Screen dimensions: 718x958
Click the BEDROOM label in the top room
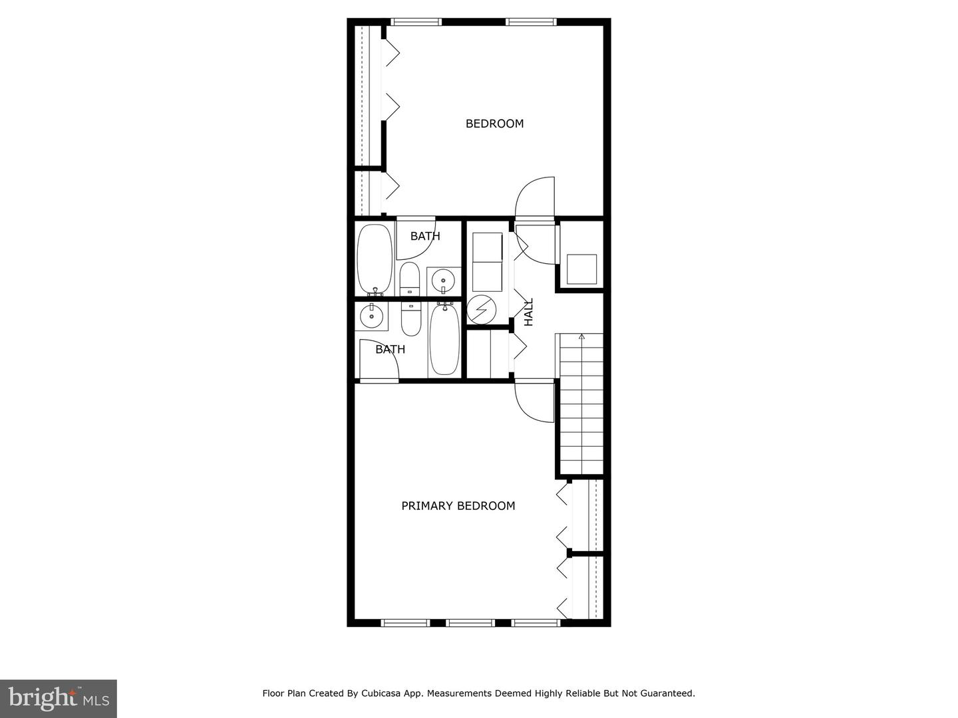pyautogui.click(x=494, y=124)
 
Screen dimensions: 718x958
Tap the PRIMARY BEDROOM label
pyautogui.click(x=458, y=506)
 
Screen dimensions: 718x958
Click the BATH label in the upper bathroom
pyautogui.click(x=425, y=236)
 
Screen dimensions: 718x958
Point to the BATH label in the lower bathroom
pyautogui.click(x=390, y=349)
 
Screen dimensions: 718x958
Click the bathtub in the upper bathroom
pyautogui.click(x=375, y=259)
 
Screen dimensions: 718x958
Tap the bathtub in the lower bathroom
pyautogui.click(x=444, y=339)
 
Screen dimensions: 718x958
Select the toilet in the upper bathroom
pyautogui.click(x=410, y=279)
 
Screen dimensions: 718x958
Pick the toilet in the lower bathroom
pyautogui.click(x=411, y=318)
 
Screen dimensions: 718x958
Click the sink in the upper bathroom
pyautogui.click(x=443, y=281)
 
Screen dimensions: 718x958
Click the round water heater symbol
pyautogui.click(x=481, y=309)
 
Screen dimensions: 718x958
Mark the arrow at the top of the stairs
pyautogui.click(x=582, y=337)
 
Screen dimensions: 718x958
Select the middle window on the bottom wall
pyautogui.click(x=470, y=623)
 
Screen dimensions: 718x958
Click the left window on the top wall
pyautogui.click(x=415, y=22)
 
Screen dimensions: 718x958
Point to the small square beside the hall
pyautogui.click(x=581, y=269)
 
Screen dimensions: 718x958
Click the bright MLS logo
pyautogui.click(x=58, y=698)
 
